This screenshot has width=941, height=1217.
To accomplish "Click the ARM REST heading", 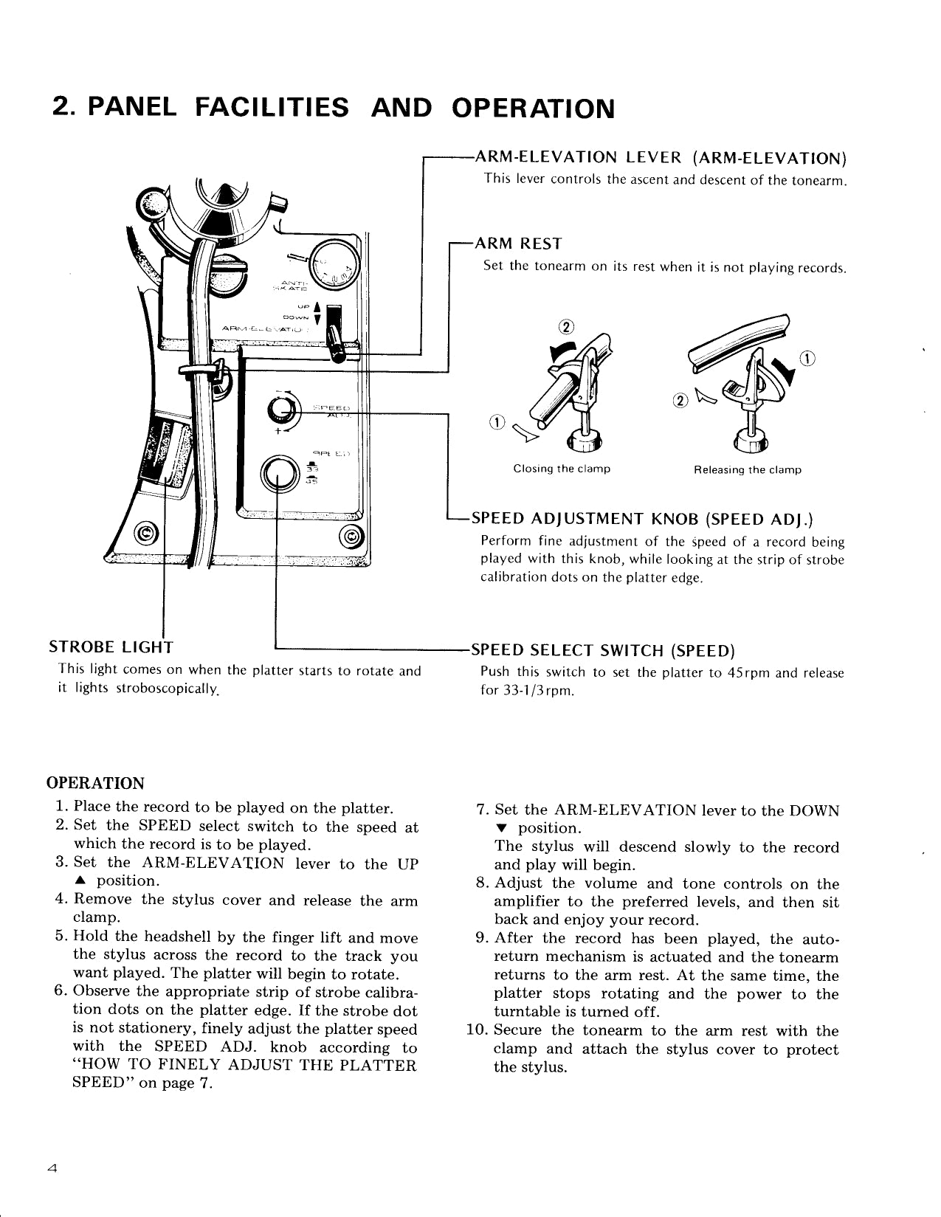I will pyautogui.click(x=517, y=244).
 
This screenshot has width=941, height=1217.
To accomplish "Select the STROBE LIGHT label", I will pyautogui.click(x=111, y=648).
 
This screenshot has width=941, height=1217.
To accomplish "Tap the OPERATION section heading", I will pyautogui.click(x=95, y=783).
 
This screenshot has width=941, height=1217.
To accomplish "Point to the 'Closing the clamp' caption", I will pyautogui.click(x=562, y=469).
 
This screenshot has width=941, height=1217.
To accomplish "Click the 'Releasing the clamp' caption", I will pyautogui.click(x=748, y=470).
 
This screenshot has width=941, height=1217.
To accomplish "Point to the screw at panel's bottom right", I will pyautogui.click(x=350, y=537).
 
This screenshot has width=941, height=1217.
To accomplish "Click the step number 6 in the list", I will pyautogui.click(x=62, y=991).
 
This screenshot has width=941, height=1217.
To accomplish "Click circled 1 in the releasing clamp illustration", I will pyautogui.click(x=807, y=359).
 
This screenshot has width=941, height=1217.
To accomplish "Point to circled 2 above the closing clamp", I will pyautogui.click(x=567, y=328).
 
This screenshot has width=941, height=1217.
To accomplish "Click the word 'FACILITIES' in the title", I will pyautogui.click(x=272, y=108).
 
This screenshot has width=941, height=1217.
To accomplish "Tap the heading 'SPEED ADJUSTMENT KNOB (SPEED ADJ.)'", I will pyautogui.click(x=642, y=518).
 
